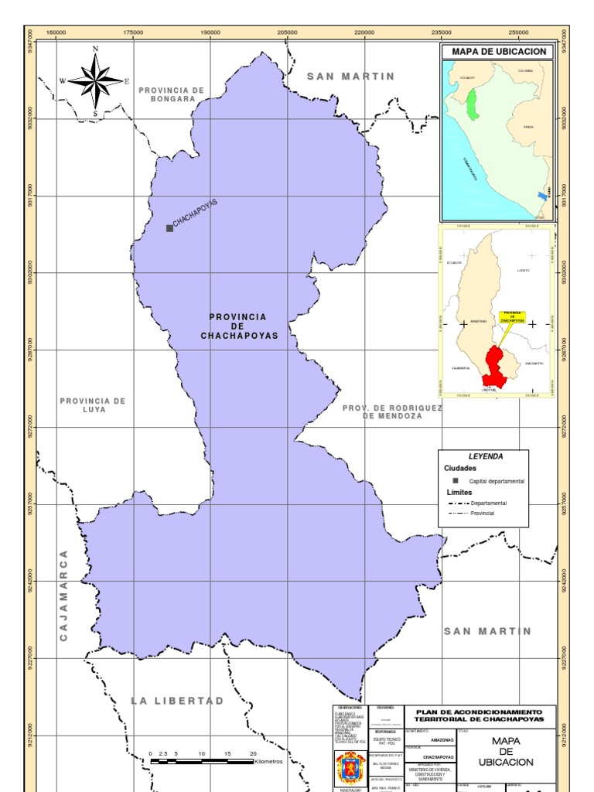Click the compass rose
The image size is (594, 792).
(96, 80)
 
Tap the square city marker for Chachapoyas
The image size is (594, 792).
(169, 228)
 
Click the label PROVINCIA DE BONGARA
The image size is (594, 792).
(172, 94)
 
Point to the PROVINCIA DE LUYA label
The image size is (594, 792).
(93, 405)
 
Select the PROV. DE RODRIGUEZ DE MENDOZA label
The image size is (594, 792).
(392, 411)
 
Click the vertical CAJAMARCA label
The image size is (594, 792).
(64, 596)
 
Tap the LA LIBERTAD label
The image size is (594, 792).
(177, 701)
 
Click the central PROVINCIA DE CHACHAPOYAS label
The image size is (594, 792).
(239, 326)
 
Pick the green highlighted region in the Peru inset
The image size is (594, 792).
(471, 104)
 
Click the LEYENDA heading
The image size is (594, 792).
(485, 456)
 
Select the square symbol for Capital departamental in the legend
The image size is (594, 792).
(456, 480)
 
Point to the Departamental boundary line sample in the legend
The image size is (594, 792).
(463, 503)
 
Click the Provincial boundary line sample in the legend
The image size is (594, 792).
(463, 513)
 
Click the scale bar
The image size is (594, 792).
(202, 761)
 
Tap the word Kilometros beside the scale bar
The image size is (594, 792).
(269, 762)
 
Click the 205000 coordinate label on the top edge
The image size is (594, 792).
(287, 32)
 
